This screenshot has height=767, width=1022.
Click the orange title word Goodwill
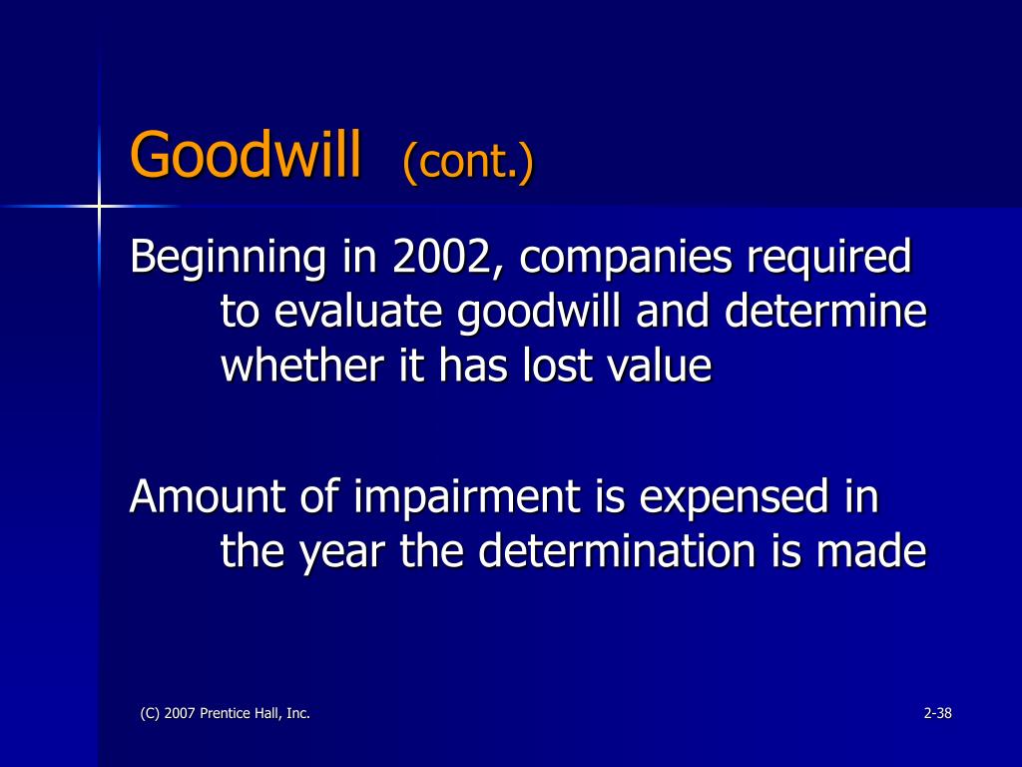[245, 157]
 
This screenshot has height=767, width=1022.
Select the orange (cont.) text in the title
[468, 161]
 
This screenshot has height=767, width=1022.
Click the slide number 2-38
[938, 713]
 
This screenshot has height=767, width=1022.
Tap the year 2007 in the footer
[178, 713]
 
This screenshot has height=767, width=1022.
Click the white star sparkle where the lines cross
[99, 206]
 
